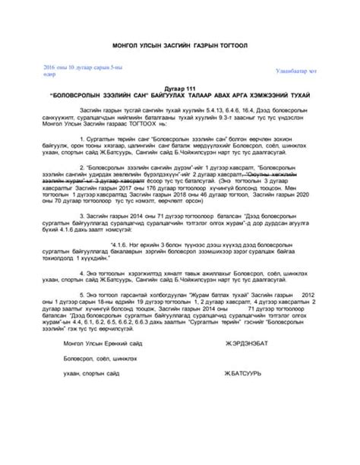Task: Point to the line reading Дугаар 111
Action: (x=180, y=89)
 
